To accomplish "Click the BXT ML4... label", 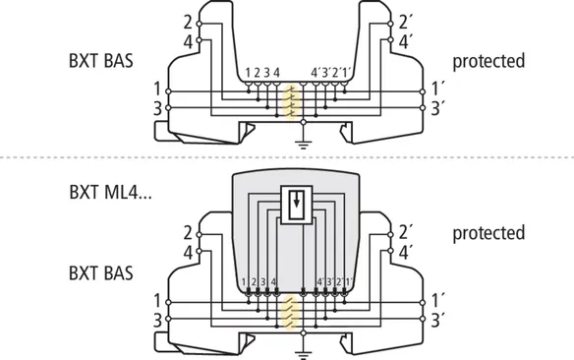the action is coord(110,192).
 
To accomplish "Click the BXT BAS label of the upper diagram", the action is coord(100,60).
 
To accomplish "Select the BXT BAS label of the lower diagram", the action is coord(100,273).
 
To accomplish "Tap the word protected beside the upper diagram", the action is coord(488,61).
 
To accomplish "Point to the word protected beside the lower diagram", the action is coord(488,233).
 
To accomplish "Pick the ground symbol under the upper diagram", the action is coord(303,145).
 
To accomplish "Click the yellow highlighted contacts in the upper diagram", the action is coord(291,102).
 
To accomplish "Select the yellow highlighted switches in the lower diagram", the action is coord(290,313).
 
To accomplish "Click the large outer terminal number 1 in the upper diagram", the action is coord(157,89).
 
